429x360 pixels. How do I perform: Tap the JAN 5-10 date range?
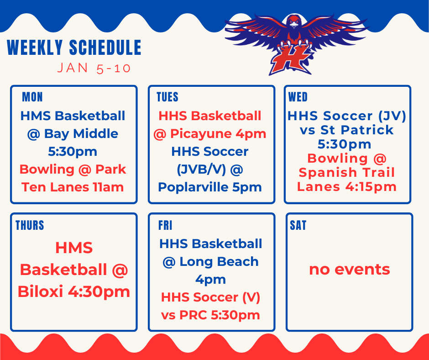point(94,69)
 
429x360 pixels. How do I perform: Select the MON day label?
point(32,97)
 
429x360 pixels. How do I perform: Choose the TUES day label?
point(167,97)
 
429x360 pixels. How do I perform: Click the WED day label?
point(298,97)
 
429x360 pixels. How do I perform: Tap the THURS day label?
point(30,225)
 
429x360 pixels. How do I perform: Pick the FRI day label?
point(165,225)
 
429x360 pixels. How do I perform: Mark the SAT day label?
point(298,225)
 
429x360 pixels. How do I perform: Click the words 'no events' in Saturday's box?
point(349,269)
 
